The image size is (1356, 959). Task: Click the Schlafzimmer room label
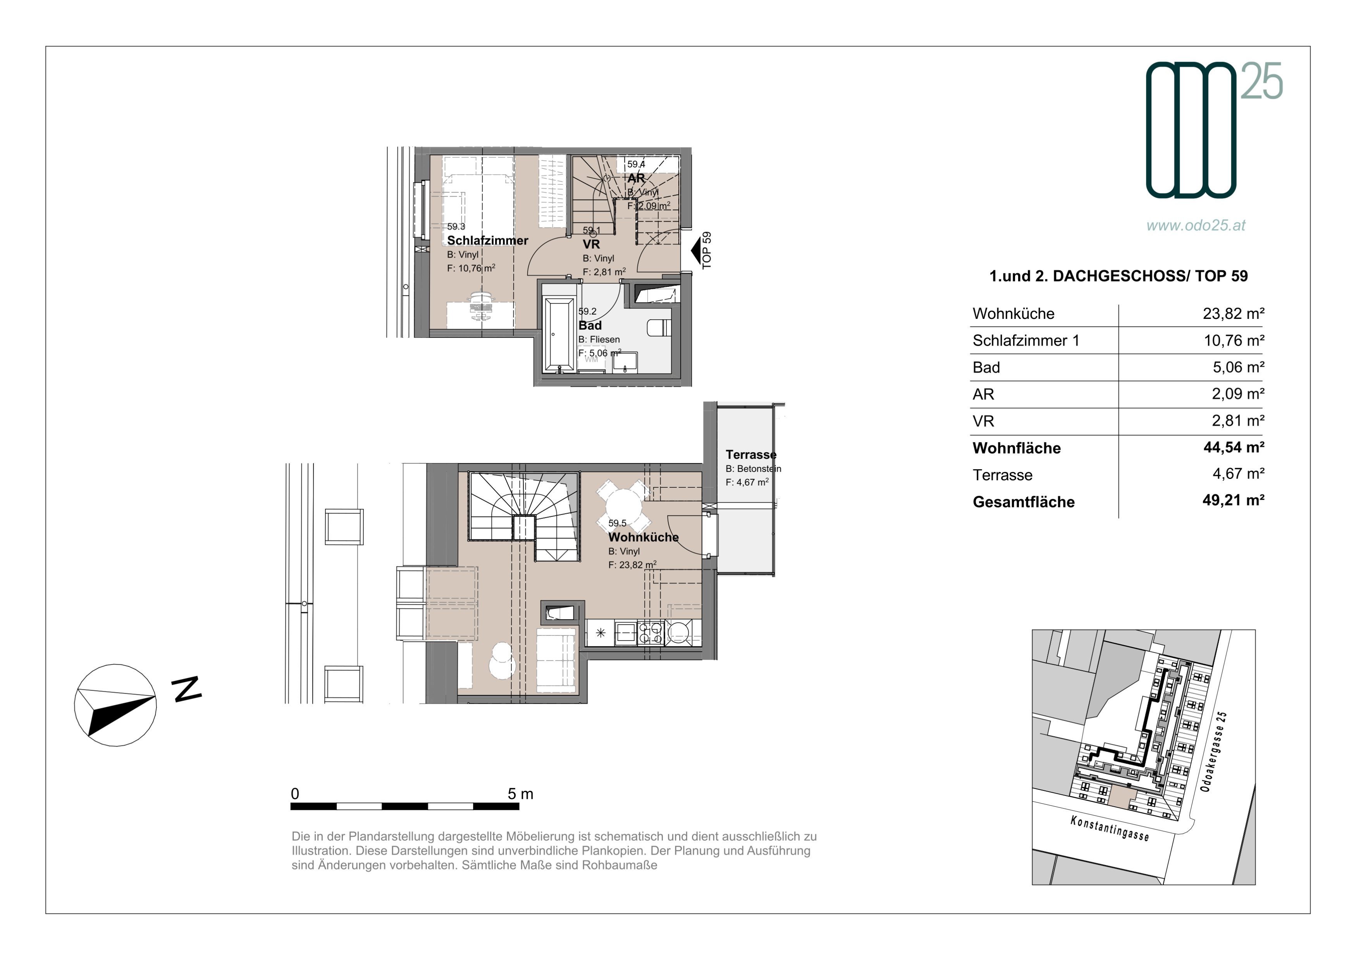tap(487, 240)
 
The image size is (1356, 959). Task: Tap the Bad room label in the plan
tap(590, 325)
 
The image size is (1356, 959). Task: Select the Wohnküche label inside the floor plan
tap(643, 537)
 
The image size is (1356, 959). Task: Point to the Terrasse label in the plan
tap(751, 455)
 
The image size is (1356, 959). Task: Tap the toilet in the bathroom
tap(659, 328)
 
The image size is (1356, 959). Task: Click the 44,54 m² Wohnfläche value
tap(1234, 448)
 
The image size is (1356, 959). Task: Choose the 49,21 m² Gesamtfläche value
tap(1234, 501)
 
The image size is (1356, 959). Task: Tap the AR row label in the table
tap(983, 394)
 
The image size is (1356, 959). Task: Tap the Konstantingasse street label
tap(1110, 828)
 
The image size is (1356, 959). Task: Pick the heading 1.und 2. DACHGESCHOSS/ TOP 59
tap(1119, 276)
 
